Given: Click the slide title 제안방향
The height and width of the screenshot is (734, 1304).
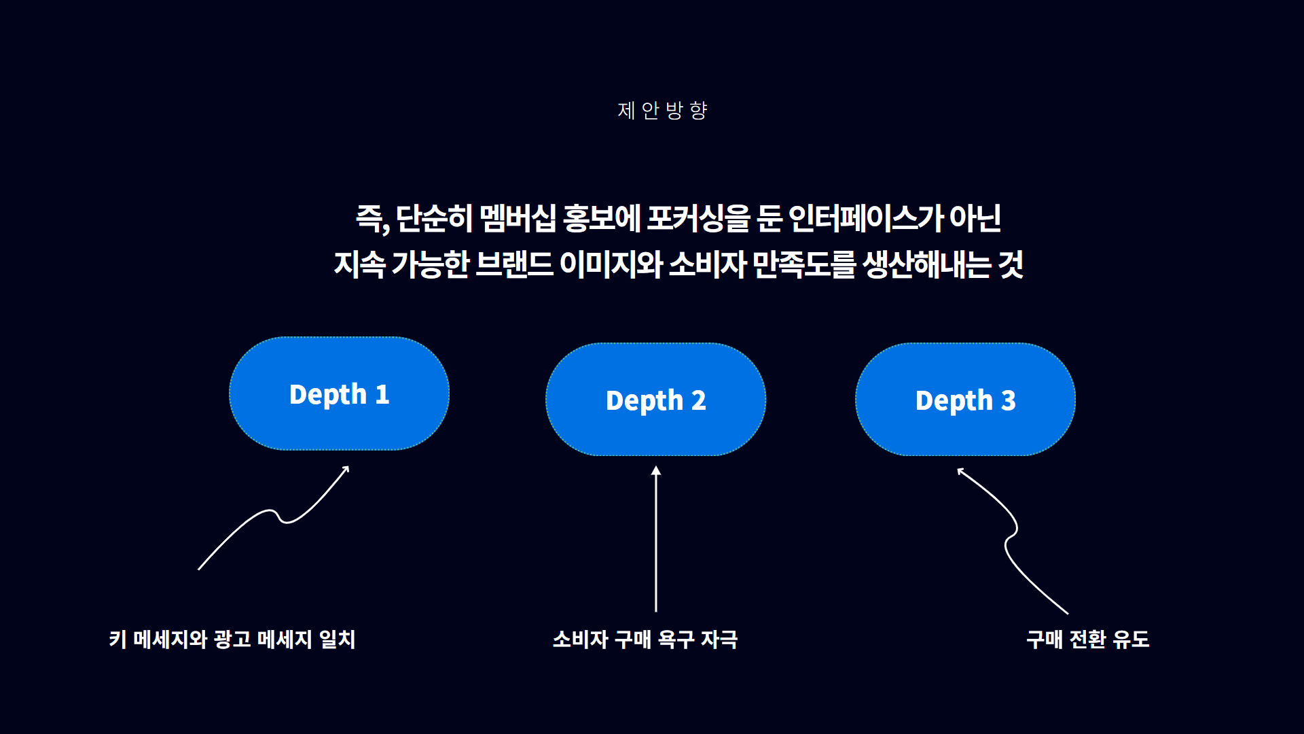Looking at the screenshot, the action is pyautogui.click(x=662, y=110).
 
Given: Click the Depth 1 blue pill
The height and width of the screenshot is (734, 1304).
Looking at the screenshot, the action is pyautogui.click(x=339, y=394).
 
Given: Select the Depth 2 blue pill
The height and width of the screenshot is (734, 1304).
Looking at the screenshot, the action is pyautogui.click(x=655, y=400).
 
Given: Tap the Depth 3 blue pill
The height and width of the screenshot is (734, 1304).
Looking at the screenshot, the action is pyautogui.click(x=965, y=400).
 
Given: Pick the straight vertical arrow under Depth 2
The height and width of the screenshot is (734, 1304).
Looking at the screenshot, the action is pyautogui.click(x=656, y=539).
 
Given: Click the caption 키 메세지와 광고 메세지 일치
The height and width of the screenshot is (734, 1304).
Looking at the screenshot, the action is pyautogui.click(x=232, y=640).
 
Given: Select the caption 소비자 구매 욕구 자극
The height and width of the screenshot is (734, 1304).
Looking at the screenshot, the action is pyautogui.click(x=645, y=640).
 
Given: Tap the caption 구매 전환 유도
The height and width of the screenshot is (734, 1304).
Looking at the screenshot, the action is pyautogui.click(x=1088, y=640).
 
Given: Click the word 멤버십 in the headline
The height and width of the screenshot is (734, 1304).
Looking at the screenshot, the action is pyautogui.click(x=518, y=218).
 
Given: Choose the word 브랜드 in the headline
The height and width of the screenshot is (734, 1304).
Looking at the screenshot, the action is pyautogui.click(x=514, y=264).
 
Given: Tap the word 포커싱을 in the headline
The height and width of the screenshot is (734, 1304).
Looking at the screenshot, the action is pyautogui.click(x=698, y=218).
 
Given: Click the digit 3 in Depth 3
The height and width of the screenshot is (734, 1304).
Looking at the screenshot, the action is pyautogui.click(x=1009, y=400).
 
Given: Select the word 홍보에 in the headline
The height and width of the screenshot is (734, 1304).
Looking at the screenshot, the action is pyautogui.click(x=602, y=218).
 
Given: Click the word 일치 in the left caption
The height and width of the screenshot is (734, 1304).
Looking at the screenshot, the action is pyautogui.click(x=338, y=640).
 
